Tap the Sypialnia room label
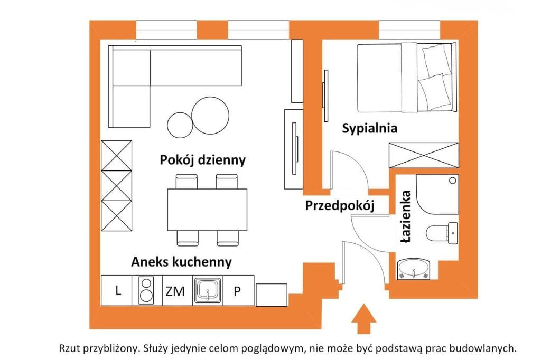coord(369,128)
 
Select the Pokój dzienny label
coord(203,160)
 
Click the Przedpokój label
coord(339,206)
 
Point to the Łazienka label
coord(406,217)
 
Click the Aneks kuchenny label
coord(181,262)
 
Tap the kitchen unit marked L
coord(118,290)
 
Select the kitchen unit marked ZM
coord(175,290)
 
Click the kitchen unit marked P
coord(238,290)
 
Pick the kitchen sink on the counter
coord(208,290)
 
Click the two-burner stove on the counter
coord(145,290)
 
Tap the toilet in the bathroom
coord(442,233)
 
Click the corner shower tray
coord(437,194)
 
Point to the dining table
coord(207,210)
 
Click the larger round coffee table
coord(210,115)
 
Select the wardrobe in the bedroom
coord(423,155)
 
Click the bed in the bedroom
coord(406,78)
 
